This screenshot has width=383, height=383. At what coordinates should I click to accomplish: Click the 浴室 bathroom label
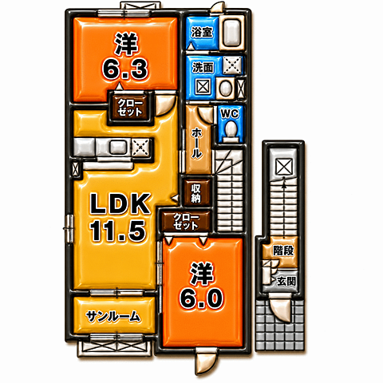(202, 32)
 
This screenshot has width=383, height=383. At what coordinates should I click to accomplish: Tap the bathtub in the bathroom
(231, 33)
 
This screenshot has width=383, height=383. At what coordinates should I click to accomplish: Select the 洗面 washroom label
(203, 67)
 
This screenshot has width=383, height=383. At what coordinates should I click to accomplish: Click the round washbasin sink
(226, 88)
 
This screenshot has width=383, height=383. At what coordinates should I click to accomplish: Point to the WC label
(230, 114)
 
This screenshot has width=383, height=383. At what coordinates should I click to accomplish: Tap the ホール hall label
(197, 143)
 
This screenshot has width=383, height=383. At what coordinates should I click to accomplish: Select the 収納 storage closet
(196, 193)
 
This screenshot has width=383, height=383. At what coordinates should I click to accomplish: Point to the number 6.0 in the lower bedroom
(201, 299)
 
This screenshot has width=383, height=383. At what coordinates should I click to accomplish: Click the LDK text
(120, 204)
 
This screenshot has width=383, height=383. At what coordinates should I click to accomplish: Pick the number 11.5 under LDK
(118, 231)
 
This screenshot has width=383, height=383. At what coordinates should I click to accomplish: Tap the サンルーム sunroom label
(113, 316)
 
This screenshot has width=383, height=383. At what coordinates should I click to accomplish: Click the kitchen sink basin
(118, 147)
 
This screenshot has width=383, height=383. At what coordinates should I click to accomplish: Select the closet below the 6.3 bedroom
(130, 108)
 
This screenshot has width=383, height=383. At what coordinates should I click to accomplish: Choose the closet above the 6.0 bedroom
(186, 222)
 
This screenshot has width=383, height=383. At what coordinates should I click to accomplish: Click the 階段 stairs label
(283, 251)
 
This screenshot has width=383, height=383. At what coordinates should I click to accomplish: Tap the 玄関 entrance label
(286, 282)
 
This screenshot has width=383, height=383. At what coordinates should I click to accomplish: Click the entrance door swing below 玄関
(281, 309)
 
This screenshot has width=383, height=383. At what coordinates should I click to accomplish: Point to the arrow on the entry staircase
(284, 207)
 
